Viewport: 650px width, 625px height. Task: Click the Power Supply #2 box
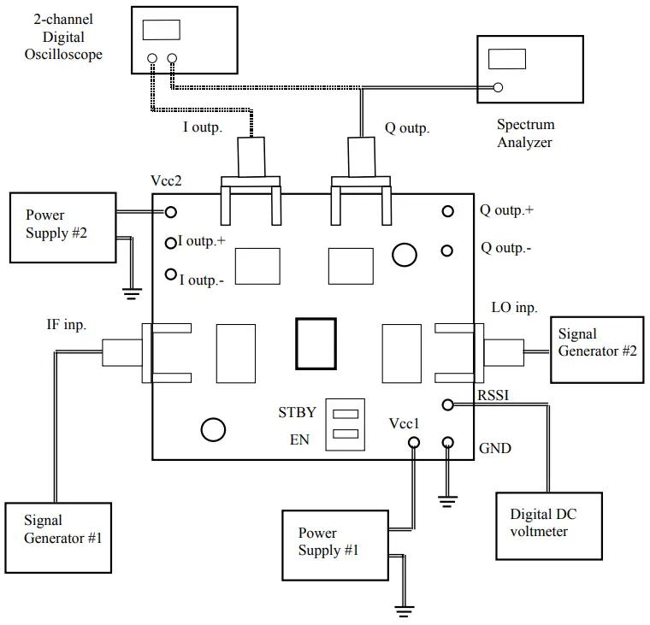pyautogui.click(x=62, y=227)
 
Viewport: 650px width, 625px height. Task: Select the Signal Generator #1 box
pyautogui.click(x=58, y=538)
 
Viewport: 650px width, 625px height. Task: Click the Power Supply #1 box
pyautogui.click(x=334, y=542)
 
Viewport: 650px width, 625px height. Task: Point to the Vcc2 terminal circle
pyautogui.click(x=171, y=212)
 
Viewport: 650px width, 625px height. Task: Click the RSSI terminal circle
pyautogui.click(x=447, y=404)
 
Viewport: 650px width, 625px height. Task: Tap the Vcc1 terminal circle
pyautogui.click(x=414, y=442)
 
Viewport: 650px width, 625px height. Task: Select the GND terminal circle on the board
pyautogui.click(x=447, y=442)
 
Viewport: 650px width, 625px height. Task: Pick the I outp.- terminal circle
pyautogui.click(x=171, y=274)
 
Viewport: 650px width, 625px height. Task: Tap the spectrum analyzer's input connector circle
pyautogui.click(x=498, y=86)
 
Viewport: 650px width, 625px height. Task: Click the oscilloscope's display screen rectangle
pyautogui.click(x=161, y=29)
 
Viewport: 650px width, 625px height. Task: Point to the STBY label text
pyautogui.click(x=297, y=413)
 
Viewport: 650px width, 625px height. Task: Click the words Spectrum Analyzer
pyautogui.click(x=525, y=134)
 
